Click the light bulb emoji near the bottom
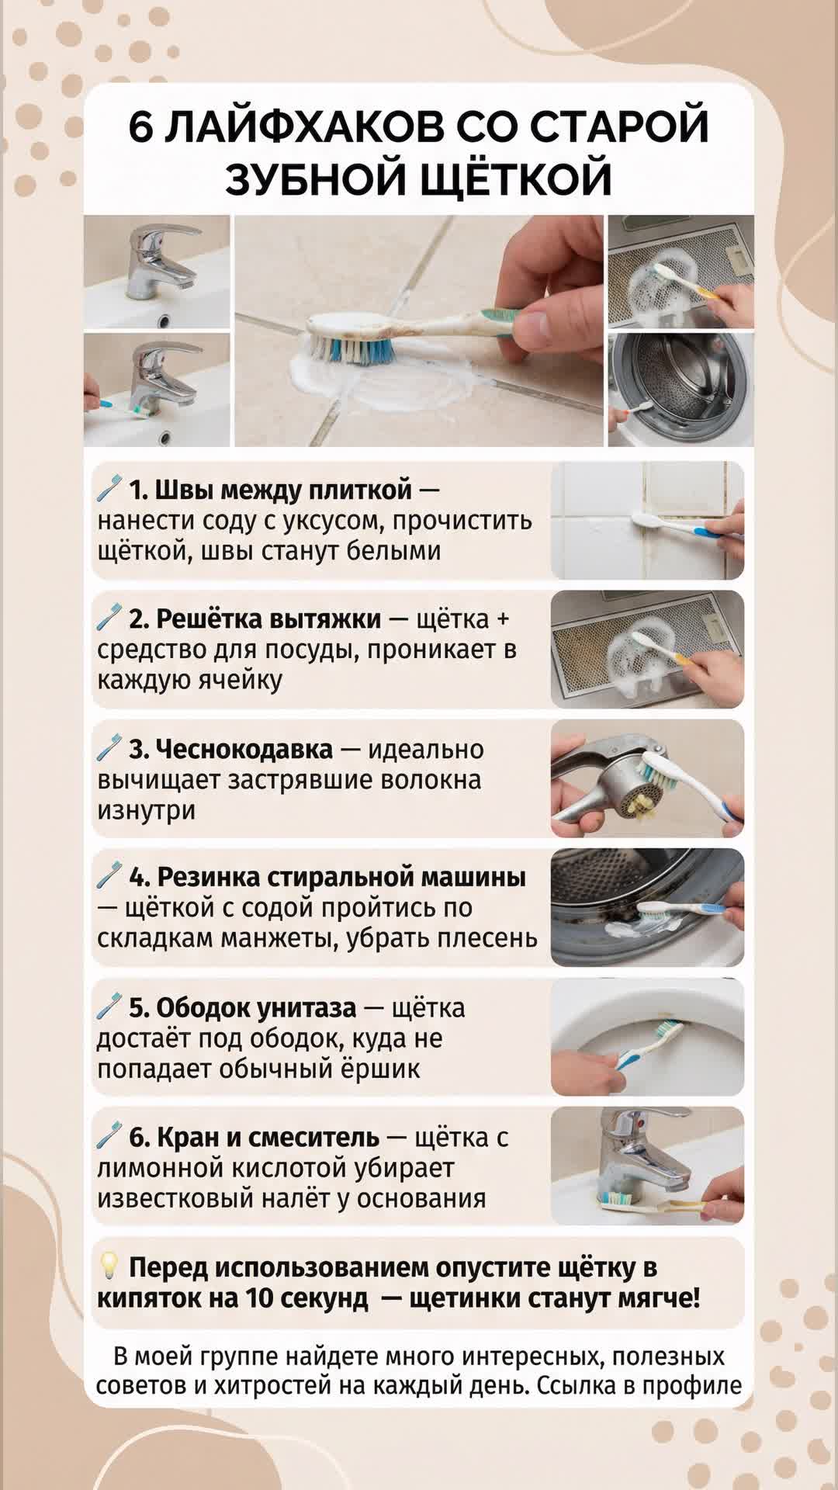(109, 1268)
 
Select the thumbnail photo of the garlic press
(647, 778)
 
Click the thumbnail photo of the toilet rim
(647, 1037)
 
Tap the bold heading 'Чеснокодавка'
(230, 750)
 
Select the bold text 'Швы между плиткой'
(270, 490)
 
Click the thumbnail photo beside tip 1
(647, 520)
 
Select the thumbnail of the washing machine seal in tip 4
(647, 907)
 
